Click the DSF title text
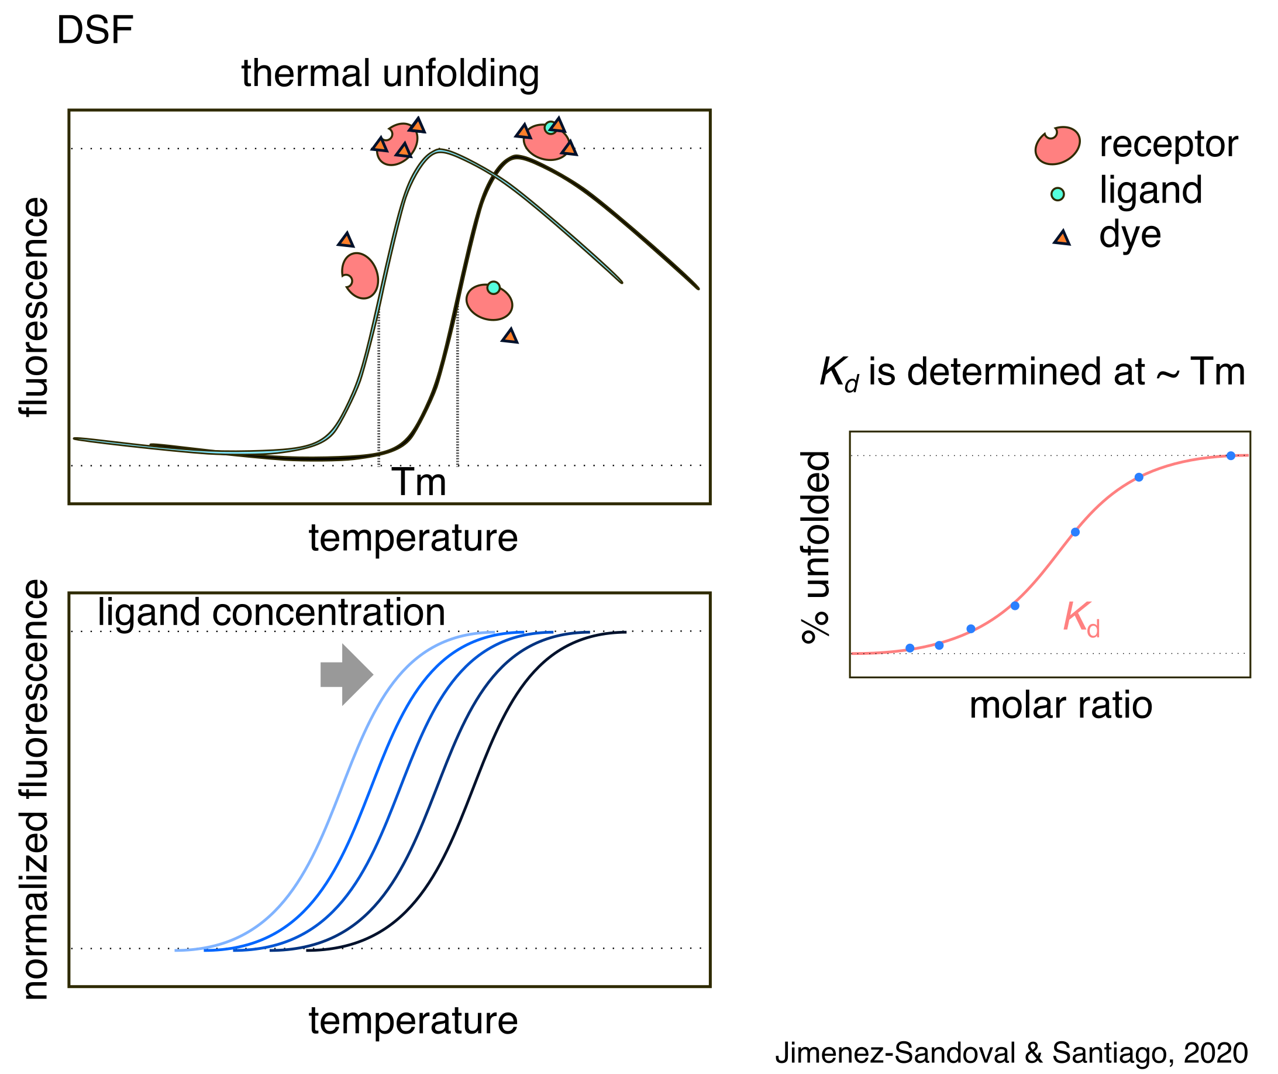click(95, 30)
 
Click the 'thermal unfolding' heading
click(390, 74)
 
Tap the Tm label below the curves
click(419, 483)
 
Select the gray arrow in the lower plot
click(346, 675)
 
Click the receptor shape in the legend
click(1057, 146)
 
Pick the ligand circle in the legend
click(1057, 194)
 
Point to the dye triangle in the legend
click(1062, 238)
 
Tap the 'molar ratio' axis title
click(1061, 706)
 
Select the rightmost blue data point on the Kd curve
click(1231, 456)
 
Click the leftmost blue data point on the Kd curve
click(910, 648)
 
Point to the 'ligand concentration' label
click(271, 612)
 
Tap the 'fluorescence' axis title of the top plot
click(34, 307)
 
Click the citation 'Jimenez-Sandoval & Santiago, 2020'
click(1011, 1054)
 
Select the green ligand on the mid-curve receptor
click(494, 288)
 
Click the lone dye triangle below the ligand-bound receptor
click(510, 335)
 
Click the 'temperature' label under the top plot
click(413, 538)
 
